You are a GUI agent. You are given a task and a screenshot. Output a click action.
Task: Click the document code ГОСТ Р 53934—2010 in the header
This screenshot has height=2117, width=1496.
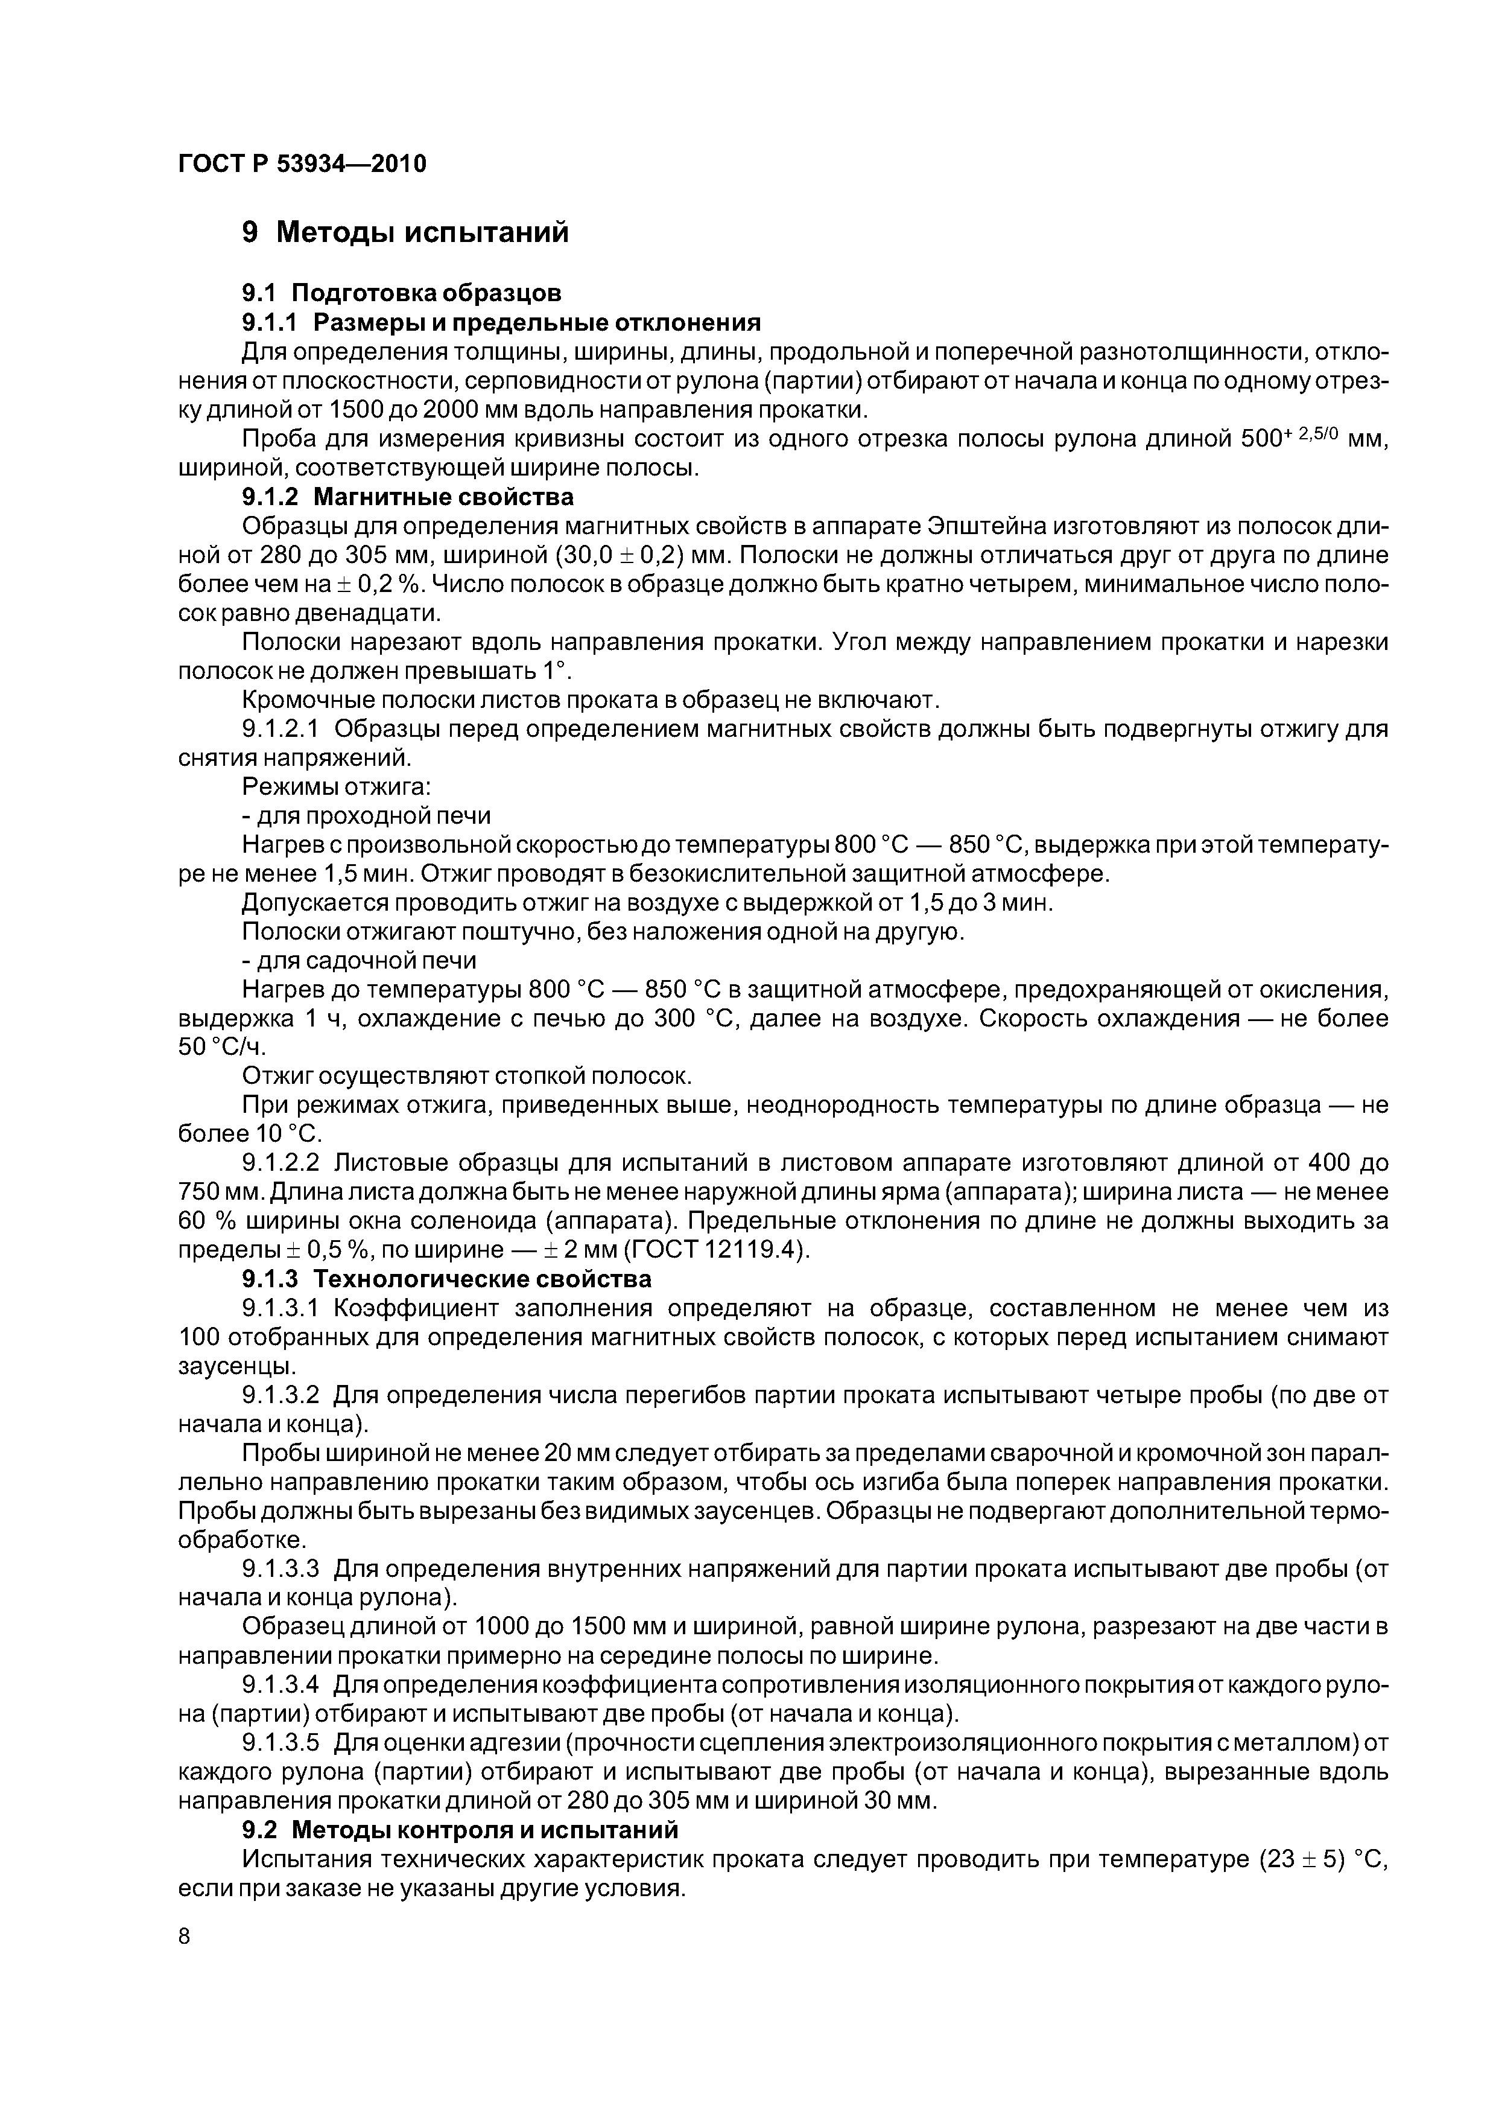(302, 164)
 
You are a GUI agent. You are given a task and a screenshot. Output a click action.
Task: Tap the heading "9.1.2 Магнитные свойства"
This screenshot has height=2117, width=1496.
(407, 497)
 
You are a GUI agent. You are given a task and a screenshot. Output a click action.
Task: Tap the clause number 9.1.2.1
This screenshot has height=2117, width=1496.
(280, 730)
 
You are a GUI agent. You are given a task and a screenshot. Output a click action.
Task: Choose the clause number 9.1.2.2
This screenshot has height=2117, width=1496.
(280, 1164)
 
